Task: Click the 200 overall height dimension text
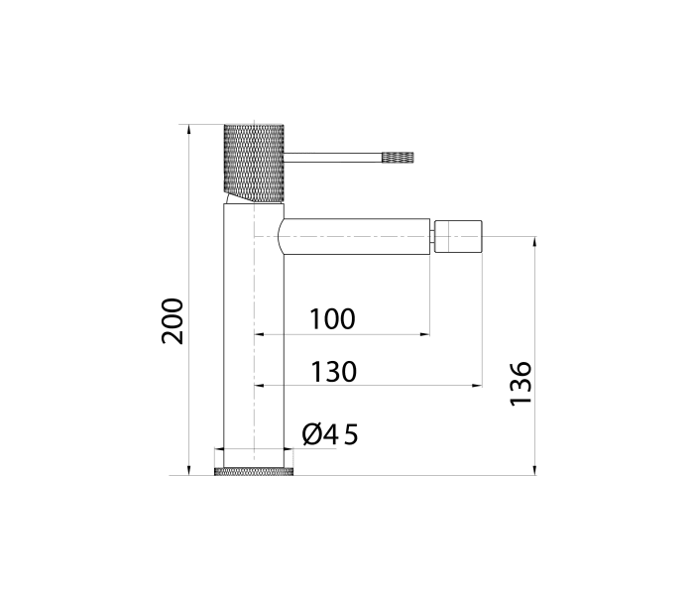tap(173, 320)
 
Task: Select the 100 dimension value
tap(332, 319)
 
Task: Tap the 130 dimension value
tap(333, 372)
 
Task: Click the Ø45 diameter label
tap(329, 434)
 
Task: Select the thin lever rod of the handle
tap(333, 156)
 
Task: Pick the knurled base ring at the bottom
tap(255, 471)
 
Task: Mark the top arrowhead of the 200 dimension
tap(188, 129)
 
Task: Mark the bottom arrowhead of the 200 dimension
tap(188, 470)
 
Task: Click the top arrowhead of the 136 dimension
tap(535, 241)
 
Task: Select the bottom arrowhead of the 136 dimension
tap(535, 470)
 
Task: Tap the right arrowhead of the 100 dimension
tap(425, 335)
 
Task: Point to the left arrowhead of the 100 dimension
tap(260, 335)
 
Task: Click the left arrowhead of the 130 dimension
tap(260, 385)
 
